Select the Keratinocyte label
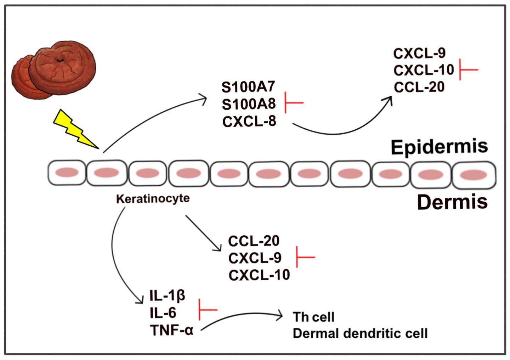click(x=153, y=198)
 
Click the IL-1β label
click(x=168, y=296)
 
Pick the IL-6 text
click(x=163, y=313)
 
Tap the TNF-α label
click(x=172, y=331)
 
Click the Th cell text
click(x=313, y=316)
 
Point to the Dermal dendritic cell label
click(x=360, y=333)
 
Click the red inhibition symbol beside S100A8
click(x=294, y=103)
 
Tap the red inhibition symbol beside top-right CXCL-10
click(x=468, y=69)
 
